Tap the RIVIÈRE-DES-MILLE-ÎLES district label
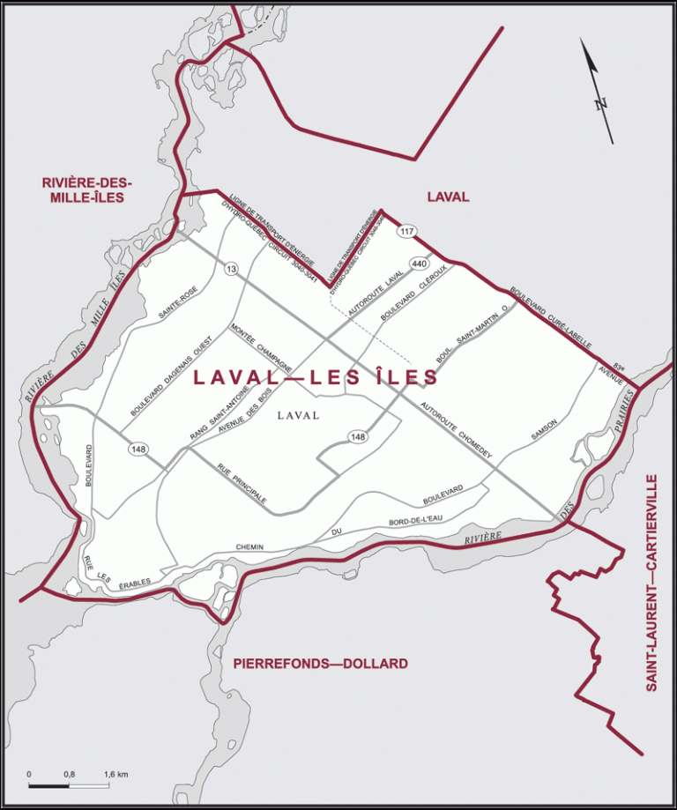click(86, 190)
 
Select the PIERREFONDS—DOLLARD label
click(320, 663)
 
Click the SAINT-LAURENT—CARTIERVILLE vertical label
click(651, 583)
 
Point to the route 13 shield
click(231, 270)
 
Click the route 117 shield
click(405, 232)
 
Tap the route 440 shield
click(418, 264)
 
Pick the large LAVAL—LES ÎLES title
click(316, 377)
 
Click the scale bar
click(70, 784)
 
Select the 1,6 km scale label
click(115, 774)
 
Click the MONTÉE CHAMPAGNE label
click(261, 349)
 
